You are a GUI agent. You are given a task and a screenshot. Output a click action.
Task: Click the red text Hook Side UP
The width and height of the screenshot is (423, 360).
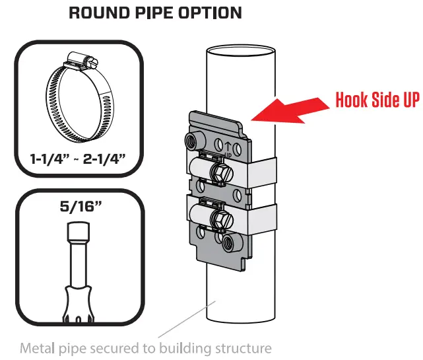coord(377,100)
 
